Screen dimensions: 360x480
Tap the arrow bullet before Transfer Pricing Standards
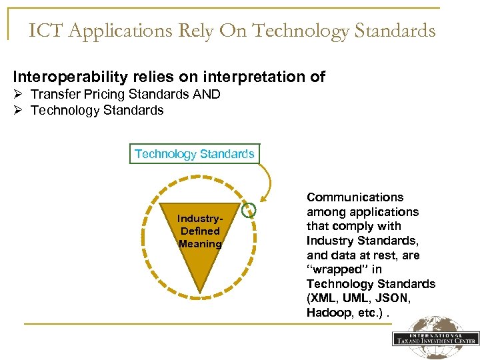(x=19, y=95)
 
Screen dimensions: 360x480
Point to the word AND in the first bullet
(x=206, y=95)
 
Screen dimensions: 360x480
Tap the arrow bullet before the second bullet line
(x=19, y=111)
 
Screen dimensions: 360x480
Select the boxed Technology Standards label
(x=194, y=154)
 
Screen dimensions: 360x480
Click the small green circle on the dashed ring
(x=249, y=210)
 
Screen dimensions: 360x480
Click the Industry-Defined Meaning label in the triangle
(x=200, y=231)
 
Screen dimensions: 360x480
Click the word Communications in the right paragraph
(x=355, y=197)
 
